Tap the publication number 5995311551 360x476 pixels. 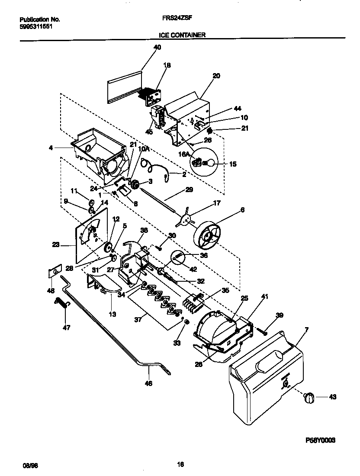[38, 26]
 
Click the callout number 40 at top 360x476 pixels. [157, 48]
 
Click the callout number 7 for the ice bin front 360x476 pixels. [306, 330]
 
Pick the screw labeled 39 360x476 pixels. [262, 331]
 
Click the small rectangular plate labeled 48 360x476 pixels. [52, 272]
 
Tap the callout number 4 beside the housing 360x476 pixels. [51, 148]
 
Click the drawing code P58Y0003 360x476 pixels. [320, 440]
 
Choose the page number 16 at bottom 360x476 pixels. [180, 465]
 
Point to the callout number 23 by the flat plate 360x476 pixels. [56, 244]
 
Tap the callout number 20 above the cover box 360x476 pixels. [216, 76]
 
